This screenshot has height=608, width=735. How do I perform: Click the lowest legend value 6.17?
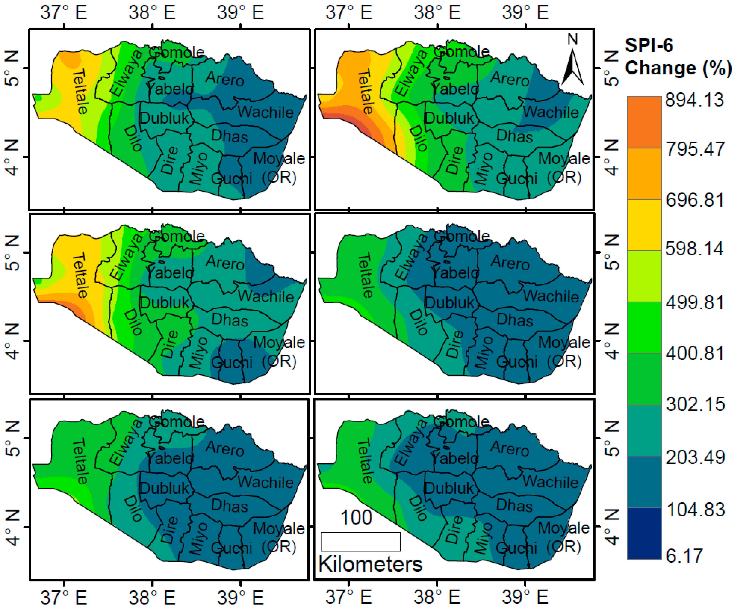[684, 556]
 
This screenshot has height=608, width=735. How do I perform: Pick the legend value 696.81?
[695, 200]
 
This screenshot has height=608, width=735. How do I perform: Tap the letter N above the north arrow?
[573, 39]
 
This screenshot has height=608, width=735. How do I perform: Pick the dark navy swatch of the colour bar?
[644, 533]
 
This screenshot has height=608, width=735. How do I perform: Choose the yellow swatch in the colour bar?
[644, 225]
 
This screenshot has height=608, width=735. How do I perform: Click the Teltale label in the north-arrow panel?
[366, 92]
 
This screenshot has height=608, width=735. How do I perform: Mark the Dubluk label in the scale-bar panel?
[449, 488]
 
